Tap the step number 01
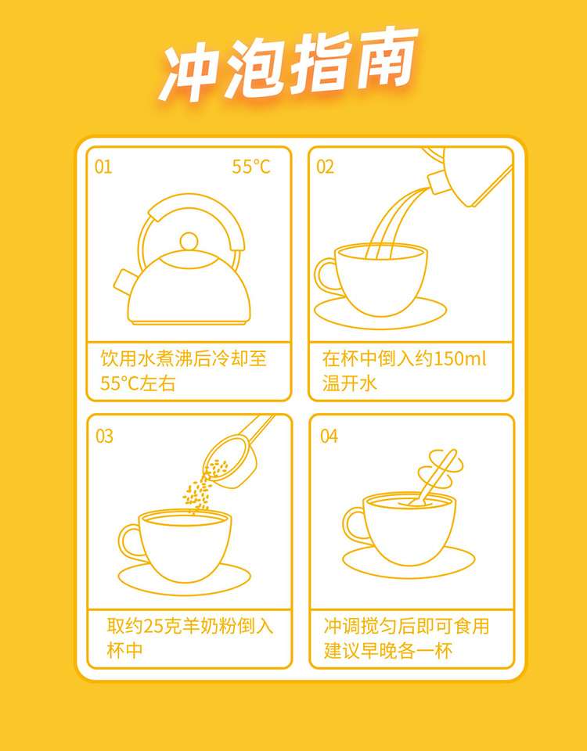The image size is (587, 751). pyautogui.click(x=103, y=167)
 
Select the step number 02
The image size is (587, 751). pyautogui.click(x=325, y=167)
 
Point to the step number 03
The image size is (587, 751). pyautogui.click(x=104, y=437)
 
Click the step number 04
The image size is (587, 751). pyautogui.click(x=330, y=437)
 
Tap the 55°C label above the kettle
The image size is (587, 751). pyautogui.click(x=251, y=167)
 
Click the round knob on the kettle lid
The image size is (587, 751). pyautogui.click(x=189, y=241)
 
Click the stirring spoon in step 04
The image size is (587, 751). pyautogui.click(x=433, y=479)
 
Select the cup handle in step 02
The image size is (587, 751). pyautogui.click(x=326, y=277)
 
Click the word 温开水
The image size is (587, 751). pyautogui.click(x=350, y=383)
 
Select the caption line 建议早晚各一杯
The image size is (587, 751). pyautogui.click(x=388, y=651)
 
